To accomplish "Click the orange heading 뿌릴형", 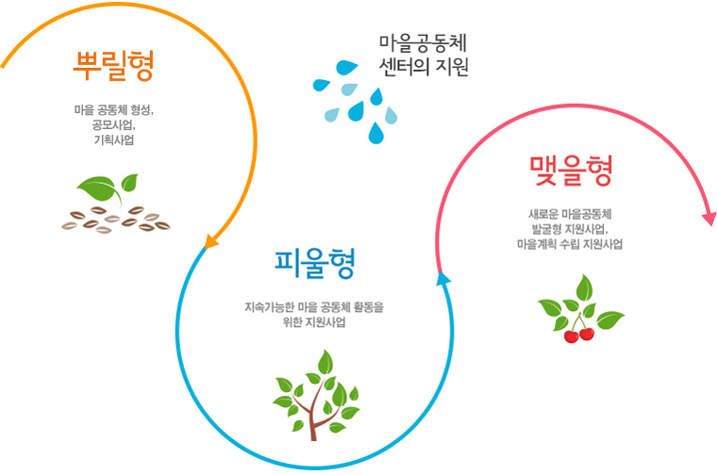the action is click(113, 66).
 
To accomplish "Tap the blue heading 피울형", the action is click(314, 264).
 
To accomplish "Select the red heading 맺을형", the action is click(571, 171).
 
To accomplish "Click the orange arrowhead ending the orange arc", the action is click(210, 240).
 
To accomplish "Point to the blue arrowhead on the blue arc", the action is click(442, 279).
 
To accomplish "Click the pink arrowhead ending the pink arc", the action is click(709, 219).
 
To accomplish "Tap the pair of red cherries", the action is click(579, 335).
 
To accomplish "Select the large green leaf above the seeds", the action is click(99, 189).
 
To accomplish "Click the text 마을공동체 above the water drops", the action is click(423, 43).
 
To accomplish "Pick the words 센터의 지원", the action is click(424, 67).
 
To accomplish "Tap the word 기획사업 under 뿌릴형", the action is click(114, 139).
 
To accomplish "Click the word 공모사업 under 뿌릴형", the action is click(113, 124).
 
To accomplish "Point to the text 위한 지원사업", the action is click(314, 322).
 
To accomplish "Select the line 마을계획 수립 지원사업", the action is click(570, 244).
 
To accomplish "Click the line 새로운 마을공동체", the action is click(570, 214).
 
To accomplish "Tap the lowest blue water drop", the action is click(376, 133).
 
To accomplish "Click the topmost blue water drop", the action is click(347, 67).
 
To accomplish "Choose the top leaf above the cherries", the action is click(584, 287).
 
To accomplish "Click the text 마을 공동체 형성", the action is click(113, 109).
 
